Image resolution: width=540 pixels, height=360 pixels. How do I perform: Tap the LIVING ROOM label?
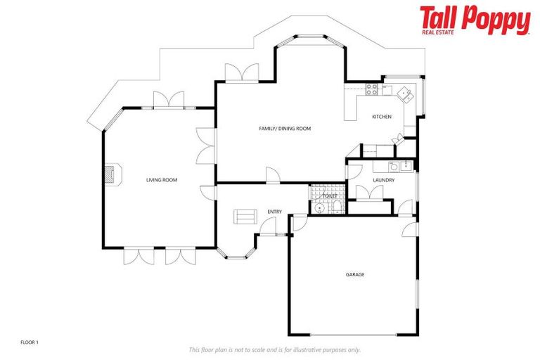tap(161, 180)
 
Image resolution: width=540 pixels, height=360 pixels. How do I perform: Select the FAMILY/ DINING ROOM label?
tap(285, 129)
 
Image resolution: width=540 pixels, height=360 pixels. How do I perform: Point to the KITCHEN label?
tap(381, 117)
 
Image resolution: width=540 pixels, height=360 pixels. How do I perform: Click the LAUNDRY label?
tap(383, 180)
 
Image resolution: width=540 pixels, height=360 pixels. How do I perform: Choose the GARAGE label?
tap(354, 274)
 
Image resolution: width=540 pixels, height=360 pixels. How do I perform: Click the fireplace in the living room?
tap(112, 174)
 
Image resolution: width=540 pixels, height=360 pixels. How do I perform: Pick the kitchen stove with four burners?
tap(373, 89)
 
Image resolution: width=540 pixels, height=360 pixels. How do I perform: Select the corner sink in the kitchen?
tap(404, 92)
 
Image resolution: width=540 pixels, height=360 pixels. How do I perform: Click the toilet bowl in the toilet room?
tap(336, 206)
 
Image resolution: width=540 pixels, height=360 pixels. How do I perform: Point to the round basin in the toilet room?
tap(320, 207)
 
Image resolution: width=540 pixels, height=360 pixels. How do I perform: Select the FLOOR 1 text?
tap(30, 342)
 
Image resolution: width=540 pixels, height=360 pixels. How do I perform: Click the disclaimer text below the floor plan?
tap(274, 349)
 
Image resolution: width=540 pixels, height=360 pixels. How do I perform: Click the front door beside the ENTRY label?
tap(268, 224)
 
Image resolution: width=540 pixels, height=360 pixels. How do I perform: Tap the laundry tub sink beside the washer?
tap(406, 167)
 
